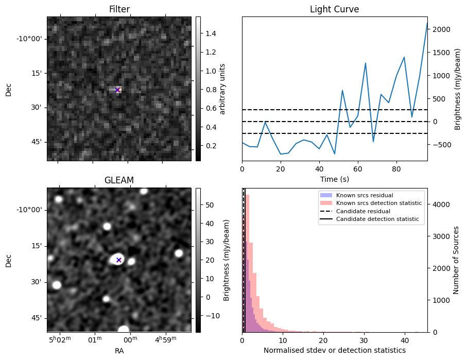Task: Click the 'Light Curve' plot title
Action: tap(334, 9)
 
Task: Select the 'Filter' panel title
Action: tap(119, 9)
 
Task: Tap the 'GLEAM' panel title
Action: tap(119, 180)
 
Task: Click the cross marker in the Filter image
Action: tap(117, 90)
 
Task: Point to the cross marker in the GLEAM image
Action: tap(119, 260)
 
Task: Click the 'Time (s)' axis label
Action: tap(334, 178)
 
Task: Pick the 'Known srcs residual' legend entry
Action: tap(365, 195)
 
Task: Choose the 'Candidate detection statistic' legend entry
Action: tap(377, 219)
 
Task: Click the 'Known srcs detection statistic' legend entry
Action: tap(378, 203)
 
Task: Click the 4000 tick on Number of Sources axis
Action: tap(439, 204)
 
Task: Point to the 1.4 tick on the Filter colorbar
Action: tap(210, 33)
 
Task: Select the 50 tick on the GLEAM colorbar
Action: tap(209, 205)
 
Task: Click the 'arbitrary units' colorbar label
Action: tap(223, 89)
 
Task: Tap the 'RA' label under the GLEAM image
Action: tap(119, 351)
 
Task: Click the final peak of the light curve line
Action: tap(427, 23)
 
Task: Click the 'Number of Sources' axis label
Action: tap(456, 260)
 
